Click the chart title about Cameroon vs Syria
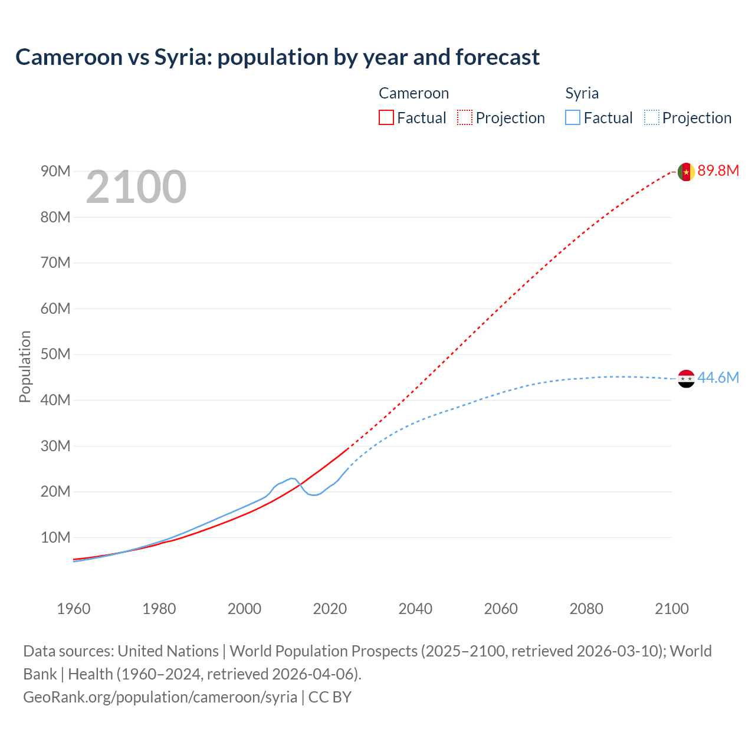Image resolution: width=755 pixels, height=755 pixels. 277,57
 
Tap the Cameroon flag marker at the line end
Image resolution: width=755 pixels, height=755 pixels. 686,172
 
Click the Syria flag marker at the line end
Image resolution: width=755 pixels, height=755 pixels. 686,379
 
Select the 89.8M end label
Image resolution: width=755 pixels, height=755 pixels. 718,171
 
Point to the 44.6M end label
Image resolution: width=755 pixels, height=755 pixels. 718,378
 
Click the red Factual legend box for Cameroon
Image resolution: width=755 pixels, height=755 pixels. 386,118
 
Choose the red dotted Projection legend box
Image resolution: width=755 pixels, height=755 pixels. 465,118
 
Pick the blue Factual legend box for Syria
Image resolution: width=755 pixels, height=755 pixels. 573,118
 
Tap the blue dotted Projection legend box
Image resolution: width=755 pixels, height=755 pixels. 652,118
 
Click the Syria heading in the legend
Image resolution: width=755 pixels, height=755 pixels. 582,93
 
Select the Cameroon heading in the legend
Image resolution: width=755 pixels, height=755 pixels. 413,93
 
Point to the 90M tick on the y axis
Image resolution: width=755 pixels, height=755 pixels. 55,172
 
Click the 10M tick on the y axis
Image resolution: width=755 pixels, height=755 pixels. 55,538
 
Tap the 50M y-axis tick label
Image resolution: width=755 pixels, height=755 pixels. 55,354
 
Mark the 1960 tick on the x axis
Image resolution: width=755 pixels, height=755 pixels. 74,609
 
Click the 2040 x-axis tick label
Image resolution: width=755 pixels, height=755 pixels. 415,609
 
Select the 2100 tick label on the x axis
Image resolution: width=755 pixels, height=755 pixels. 671,609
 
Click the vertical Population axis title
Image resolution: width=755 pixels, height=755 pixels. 25,366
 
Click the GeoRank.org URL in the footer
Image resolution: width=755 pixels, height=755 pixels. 160,697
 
